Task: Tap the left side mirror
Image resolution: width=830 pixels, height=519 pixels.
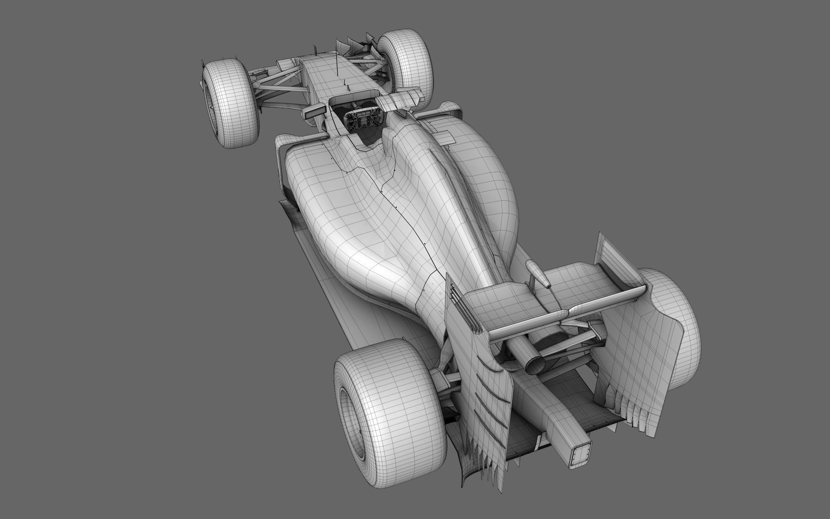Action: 312,114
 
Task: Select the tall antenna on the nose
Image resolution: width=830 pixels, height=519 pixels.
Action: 336,65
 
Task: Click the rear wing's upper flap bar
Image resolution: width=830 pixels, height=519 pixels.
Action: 566,316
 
